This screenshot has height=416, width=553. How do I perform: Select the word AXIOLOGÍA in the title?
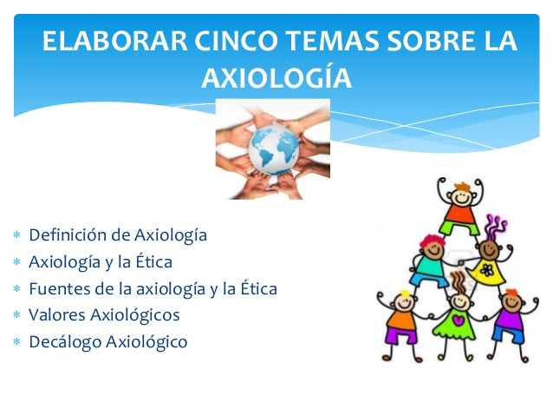point(276,79)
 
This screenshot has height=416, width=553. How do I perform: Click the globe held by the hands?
point(273,148)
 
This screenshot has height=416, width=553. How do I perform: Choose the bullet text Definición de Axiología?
point(118,234)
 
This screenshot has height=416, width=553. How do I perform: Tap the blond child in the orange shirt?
point(401,317)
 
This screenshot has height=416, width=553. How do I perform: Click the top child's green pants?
point(459,227)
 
